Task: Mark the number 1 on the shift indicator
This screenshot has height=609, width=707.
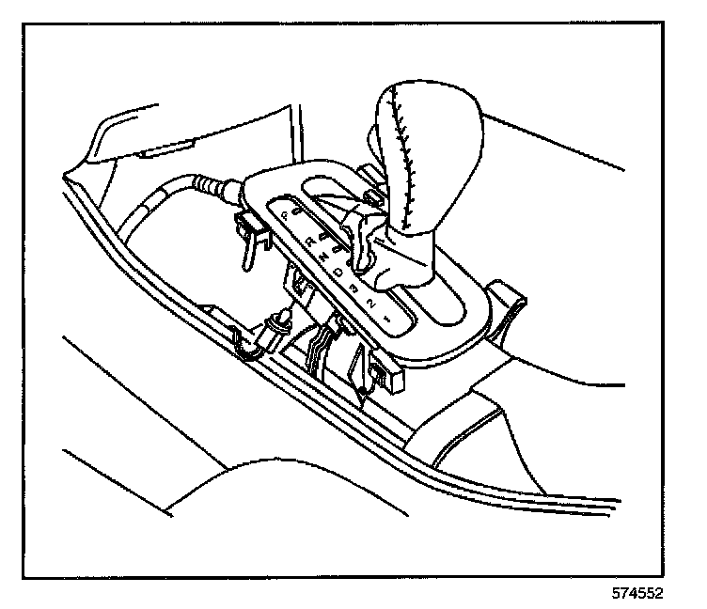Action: [x=386, y=319]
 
